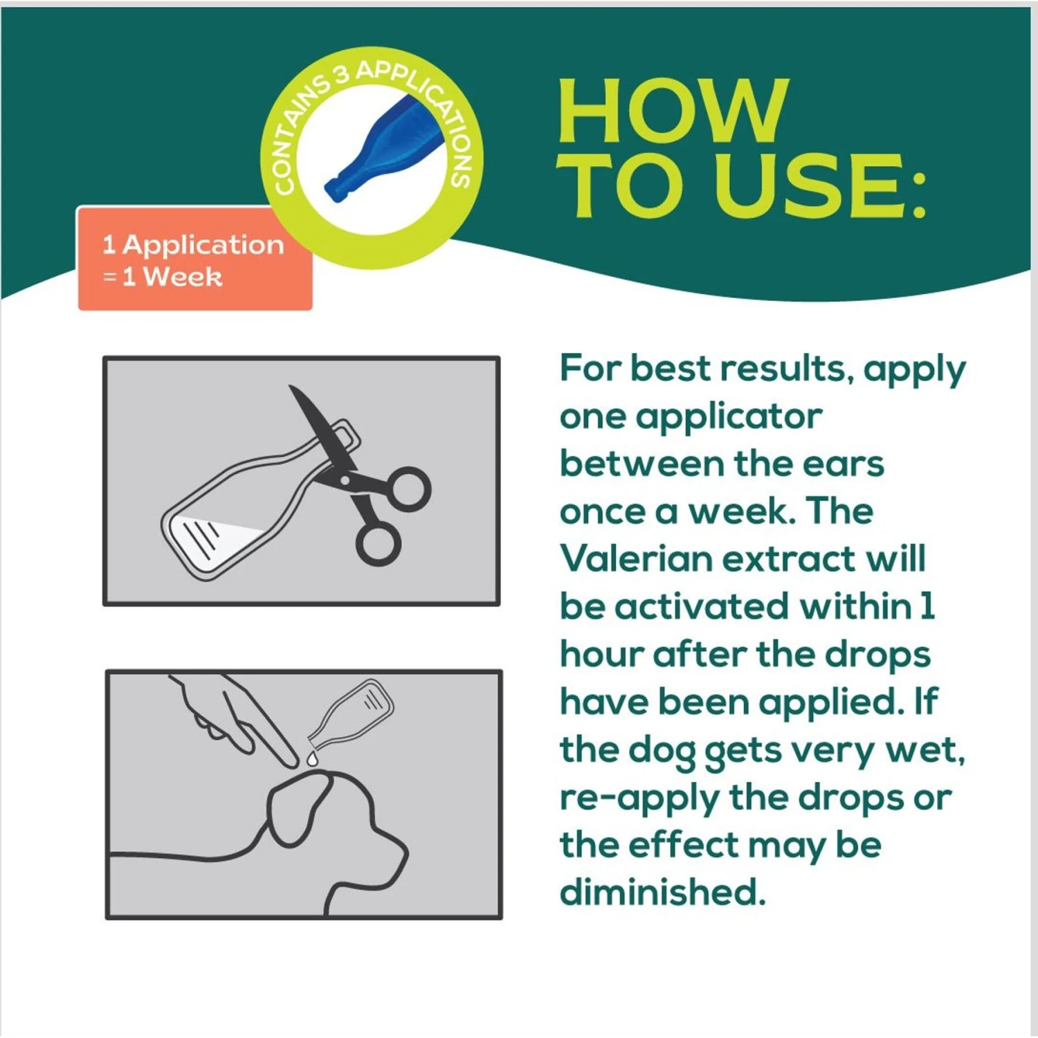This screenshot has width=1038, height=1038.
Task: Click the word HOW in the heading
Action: (x=672, y=111)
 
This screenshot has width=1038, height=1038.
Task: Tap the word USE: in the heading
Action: (x=820, y=185)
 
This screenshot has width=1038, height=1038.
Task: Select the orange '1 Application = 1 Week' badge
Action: (x=194, y=259)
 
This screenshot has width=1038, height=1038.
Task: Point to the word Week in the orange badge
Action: (x=183, y=277)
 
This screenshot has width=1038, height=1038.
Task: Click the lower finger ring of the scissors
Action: (x=379, y=542)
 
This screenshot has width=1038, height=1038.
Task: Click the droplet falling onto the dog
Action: (x=313, y=758)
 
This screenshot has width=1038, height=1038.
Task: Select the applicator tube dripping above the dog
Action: (x=352, y=713)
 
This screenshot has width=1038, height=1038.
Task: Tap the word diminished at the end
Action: (x=662, y=891)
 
